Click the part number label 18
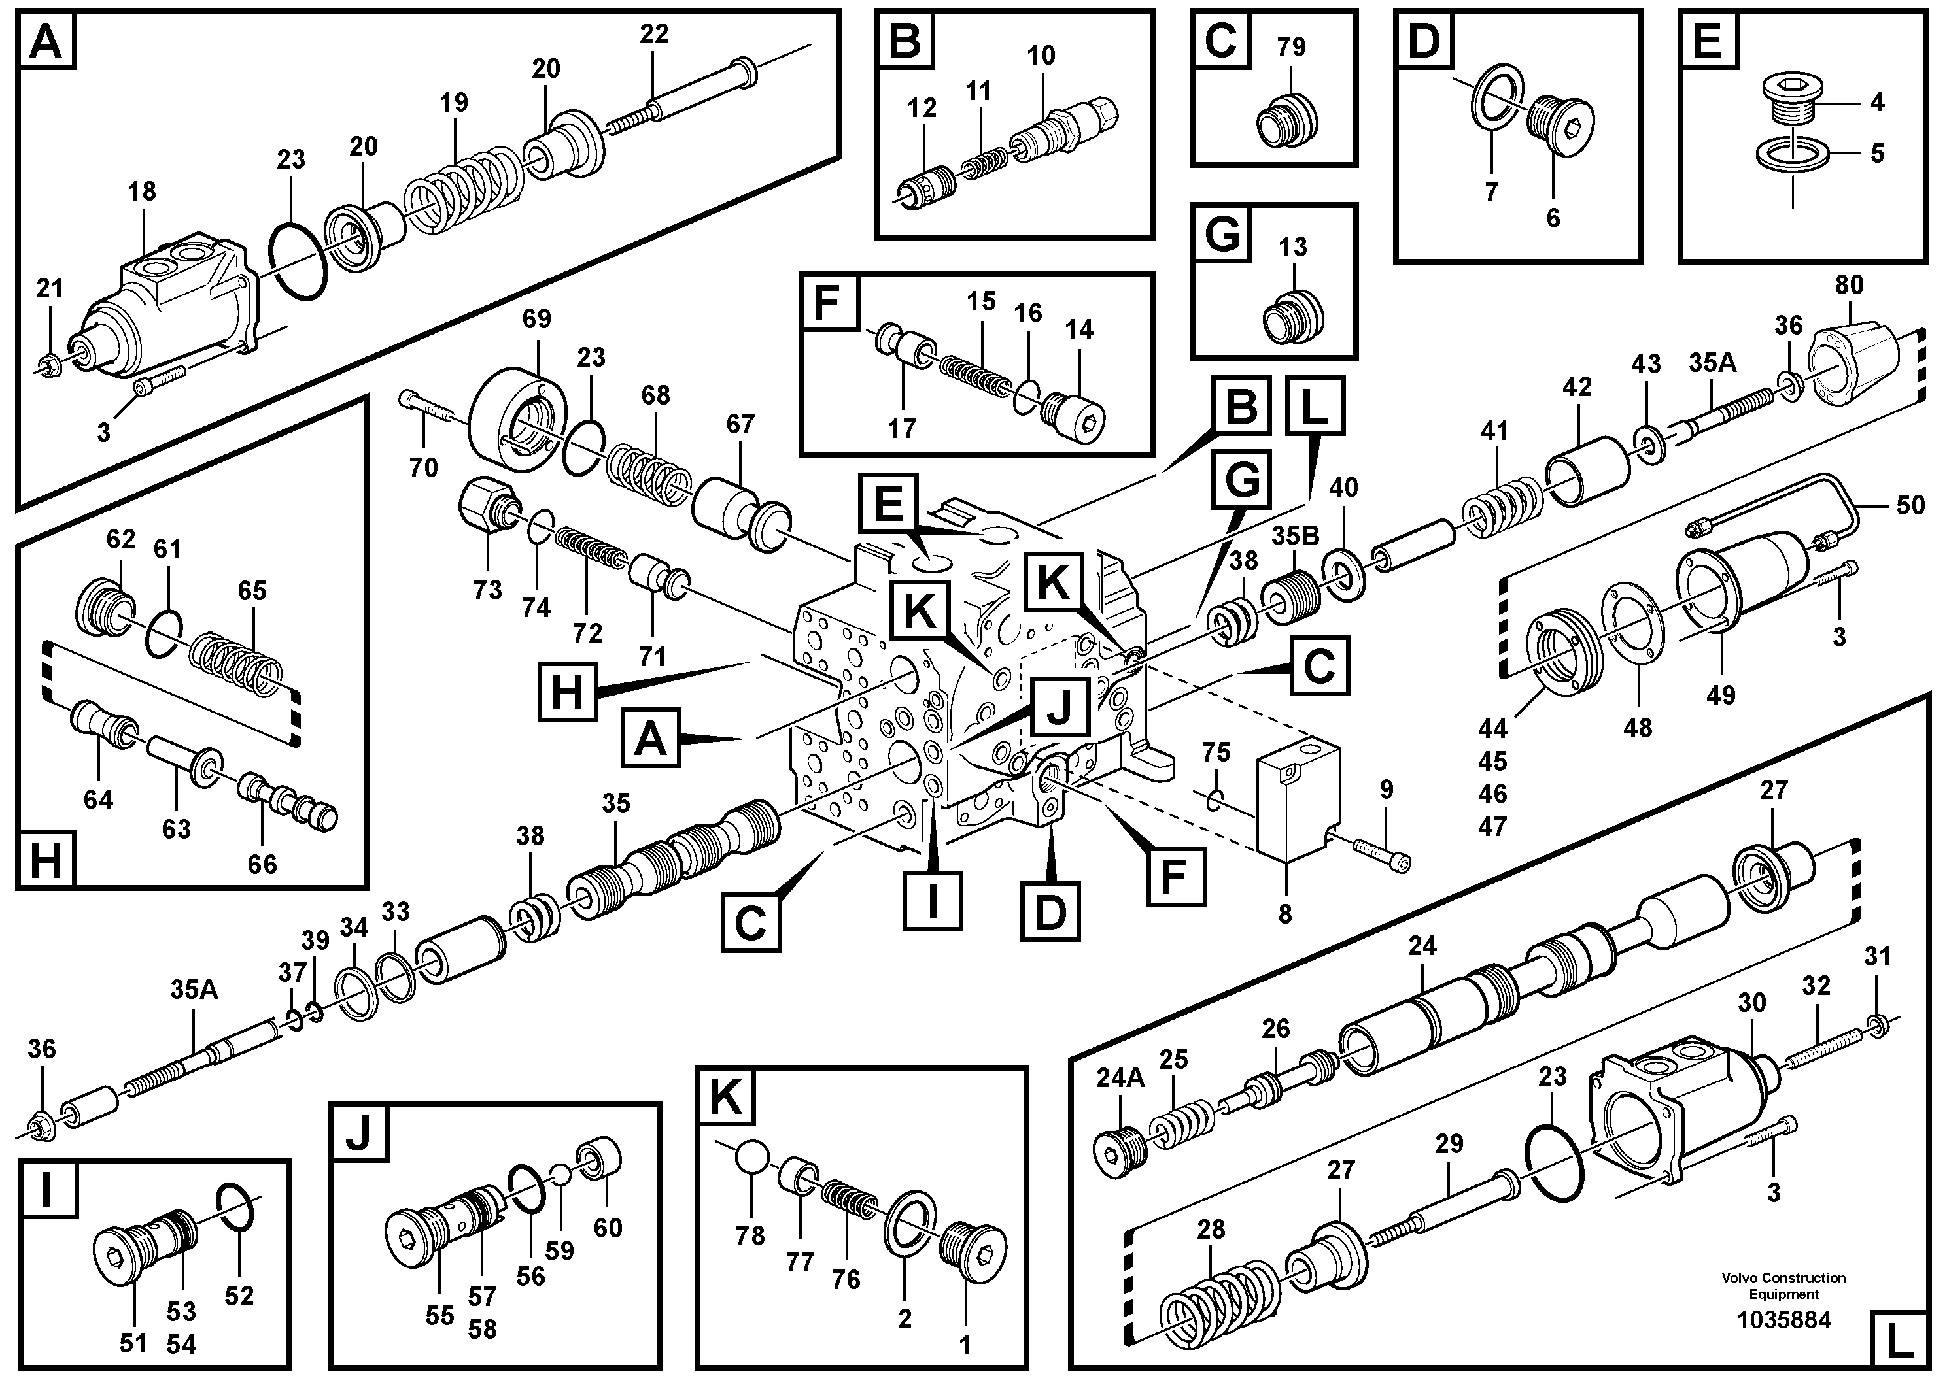[142, 192]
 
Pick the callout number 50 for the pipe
[1910, 505]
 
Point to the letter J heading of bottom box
[358, 1133]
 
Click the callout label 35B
[1295, 537]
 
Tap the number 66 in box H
[262, 864]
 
